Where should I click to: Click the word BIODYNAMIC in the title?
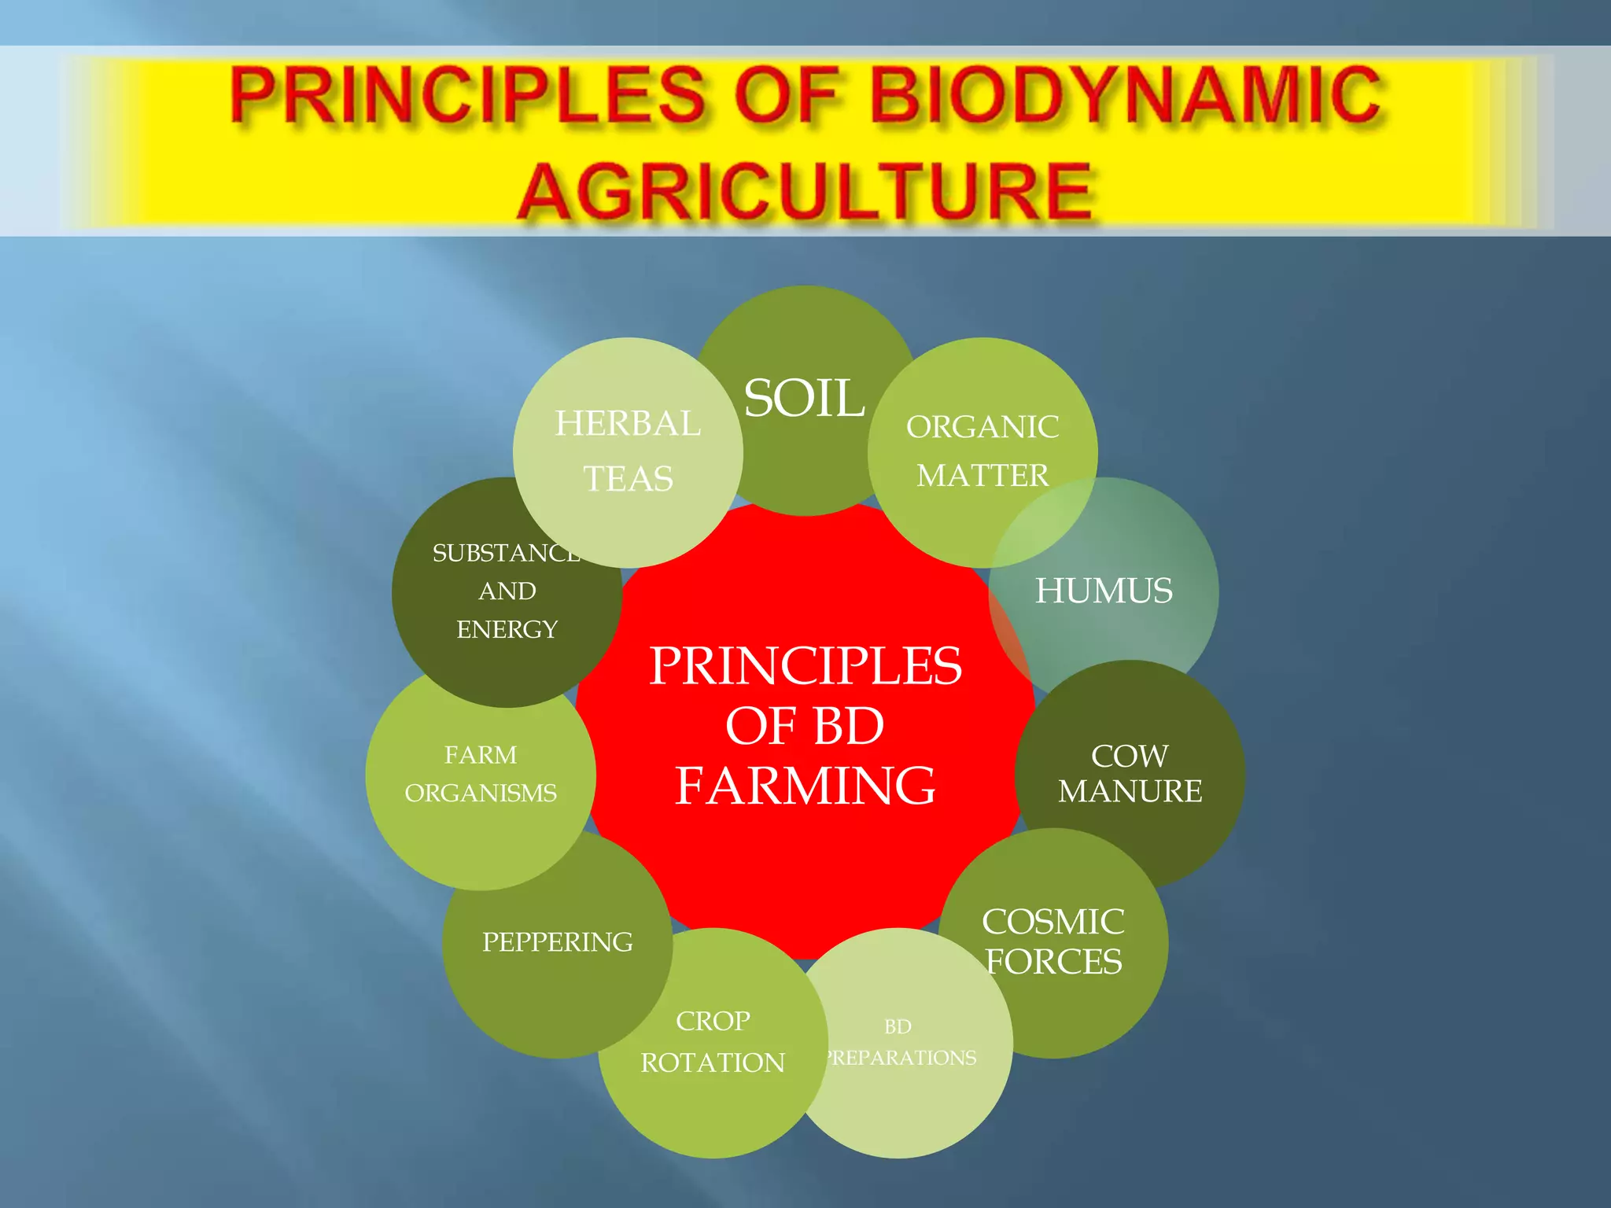pos(1125,96)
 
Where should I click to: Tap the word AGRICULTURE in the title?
pos(805,192)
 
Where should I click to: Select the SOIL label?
pos(804,398)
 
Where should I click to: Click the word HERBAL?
pos(628,423)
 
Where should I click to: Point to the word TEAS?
pos(628,478)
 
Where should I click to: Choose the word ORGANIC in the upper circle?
pos(982,427)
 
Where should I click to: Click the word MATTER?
pos(982,475)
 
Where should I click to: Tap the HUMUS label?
pos(1104,591)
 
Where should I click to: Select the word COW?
pos(1130,756)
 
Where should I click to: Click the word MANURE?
pos(1130,791)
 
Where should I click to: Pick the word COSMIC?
pos(1053,922)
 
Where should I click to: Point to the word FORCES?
pos(1054,961)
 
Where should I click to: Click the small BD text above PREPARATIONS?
pos(898,1026)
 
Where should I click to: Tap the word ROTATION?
pos(713,1063)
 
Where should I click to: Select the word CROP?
pos(713,1021)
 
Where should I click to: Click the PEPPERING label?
pos(557,941)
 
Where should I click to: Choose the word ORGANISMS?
pos(481,793)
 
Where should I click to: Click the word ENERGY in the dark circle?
pos(507,629)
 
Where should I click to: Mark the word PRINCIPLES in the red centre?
pos(805,665)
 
